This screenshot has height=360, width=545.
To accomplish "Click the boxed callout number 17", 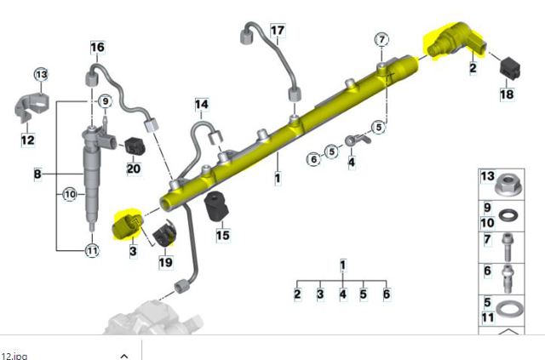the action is click(278, 31).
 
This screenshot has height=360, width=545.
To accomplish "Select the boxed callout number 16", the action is click(97, 48).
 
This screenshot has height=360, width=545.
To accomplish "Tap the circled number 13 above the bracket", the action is click(41, 74).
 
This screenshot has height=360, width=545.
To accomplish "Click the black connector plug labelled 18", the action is click(510, 68).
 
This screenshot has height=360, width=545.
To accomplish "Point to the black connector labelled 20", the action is click(135, 146).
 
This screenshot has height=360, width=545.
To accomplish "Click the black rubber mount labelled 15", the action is click(216, 206).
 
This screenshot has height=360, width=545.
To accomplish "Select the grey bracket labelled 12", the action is click(32, 106).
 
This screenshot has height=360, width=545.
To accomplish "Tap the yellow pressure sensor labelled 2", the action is click(456, 40).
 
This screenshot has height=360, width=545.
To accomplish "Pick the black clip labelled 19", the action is click(164, 233).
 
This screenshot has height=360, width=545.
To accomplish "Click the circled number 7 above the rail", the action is click(381, 40).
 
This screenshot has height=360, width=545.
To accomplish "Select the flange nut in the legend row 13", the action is click(508, 185).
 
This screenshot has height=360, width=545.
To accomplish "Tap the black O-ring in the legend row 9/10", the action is click(508, 215).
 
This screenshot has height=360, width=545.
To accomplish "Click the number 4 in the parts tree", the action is click(342, 294).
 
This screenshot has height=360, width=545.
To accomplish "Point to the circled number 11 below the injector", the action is click(92, 250).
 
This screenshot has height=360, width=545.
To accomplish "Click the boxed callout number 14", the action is click(202, 104).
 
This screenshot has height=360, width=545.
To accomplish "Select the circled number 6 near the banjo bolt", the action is click(313, 159).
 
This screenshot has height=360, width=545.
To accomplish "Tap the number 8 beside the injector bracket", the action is click(37, 174).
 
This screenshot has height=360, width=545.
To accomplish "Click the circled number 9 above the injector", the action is click(106, 101).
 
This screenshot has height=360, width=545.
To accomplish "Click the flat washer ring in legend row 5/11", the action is click(509, 309).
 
